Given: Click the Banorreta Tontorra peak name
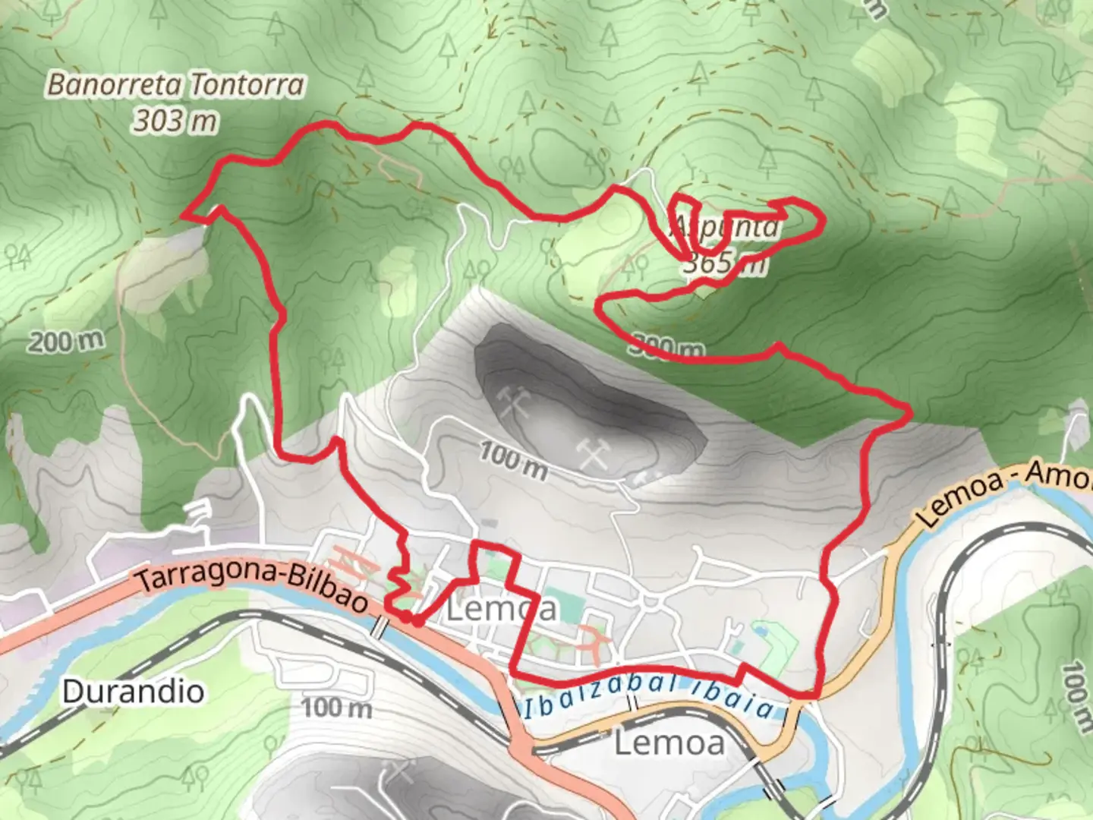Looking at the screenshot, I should click(x=176, y=84).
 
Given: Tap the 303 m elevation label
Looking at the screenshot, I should click(x=175, y=120).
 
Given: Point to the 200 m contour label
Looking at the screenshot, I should click(x=66, y=341).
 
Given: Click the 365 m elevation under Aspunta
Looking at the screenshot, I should click(x=725, y=263).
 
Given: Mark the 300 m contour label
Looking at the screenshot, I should click(x=666, y=348).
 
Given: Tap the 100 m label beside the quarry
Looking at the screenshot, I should click(x=514, y=461).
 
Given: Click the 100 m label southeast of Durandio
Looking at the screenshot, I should click(x=337, y=708).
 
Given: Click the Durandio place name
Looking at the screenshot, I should click(x=133, y=692).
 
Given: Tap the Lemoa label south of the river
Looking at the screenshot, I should click(x=669, y=742).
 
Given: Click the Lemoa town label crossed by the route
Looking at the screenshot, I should click(x=501, y=608).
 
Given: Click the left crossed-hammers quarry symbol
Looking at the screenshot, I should click(x=515, y=402).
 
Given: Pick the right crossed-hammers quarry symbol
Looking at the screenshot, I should click(x=593, y=453).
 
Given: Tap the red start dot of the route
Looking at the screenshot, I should click(x=416, y=621).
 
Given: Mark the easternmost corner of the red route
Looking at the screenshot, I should click(x=909, y=412).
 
